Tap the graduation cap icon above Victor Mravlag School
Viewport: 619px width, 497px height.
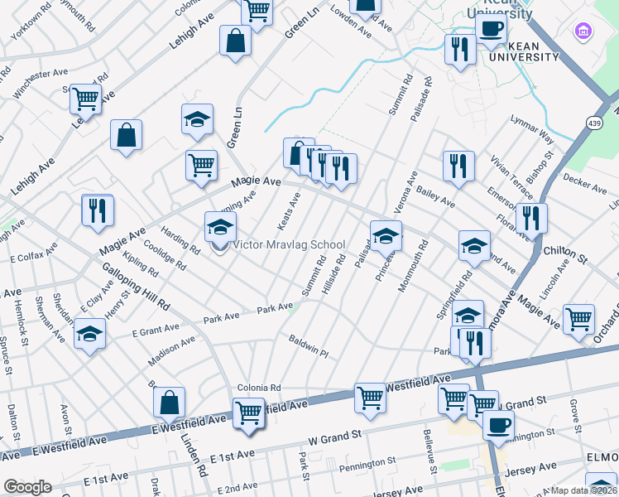tap(220, 227)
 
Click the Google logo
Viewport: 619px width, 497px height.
tap(27, 487)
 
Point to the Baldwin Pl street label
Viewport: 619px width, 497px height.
tap(309, 346)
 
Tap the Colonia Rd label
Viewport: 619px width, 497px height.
tap(260, 387)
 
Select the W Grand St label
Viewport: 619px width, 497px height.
tap(335, 435)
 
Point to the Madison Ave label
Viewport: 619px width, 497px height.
tap(171, 350)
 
